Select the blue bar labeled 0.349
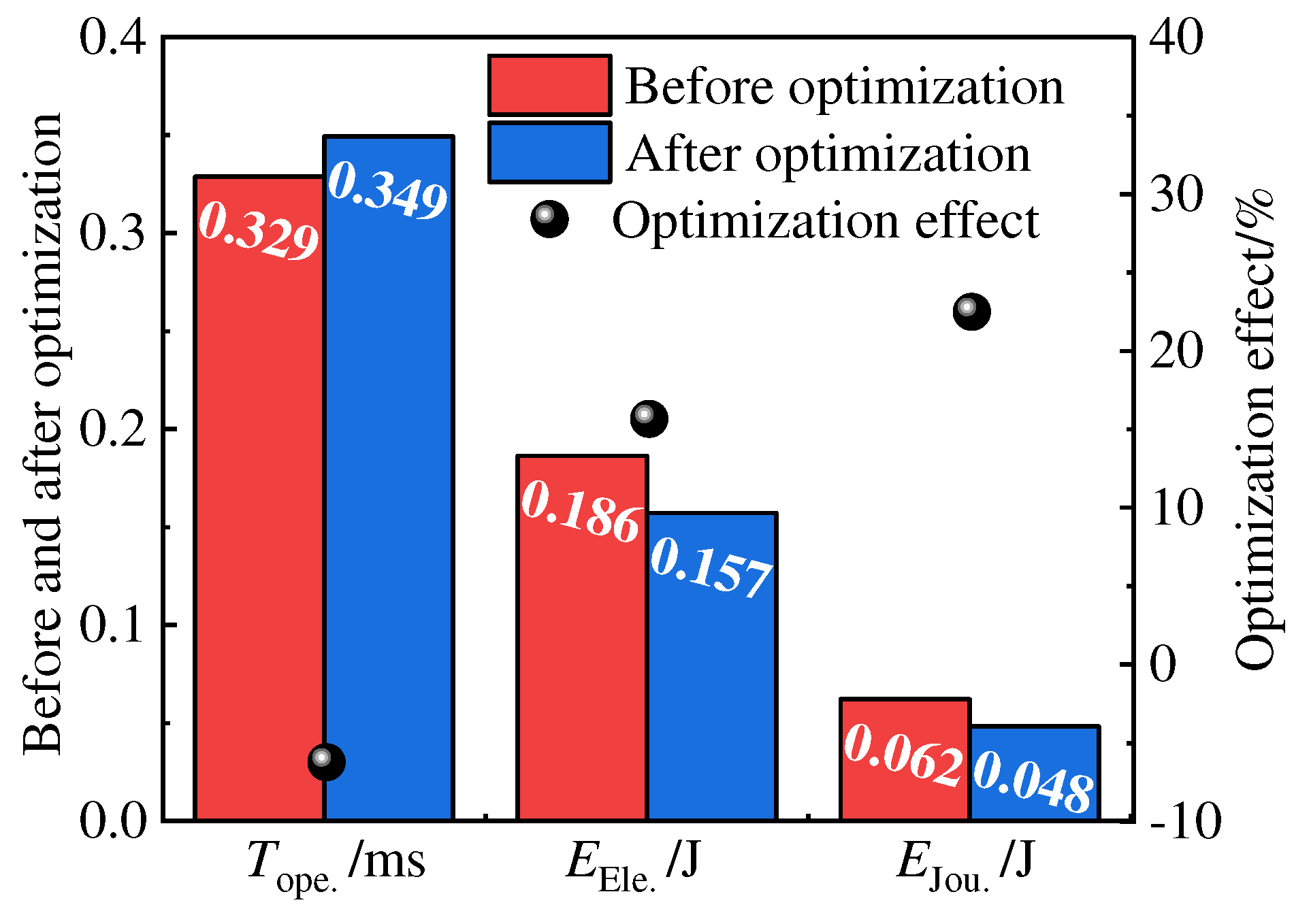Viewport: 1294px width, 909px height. [389, 476]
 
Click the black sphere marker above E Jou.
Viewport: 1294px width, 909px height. [971, 312]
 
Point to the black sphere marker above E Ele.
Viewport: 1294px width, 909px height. [649, 418]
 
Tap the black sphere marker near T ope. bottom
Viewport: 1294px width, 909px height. [326, 761]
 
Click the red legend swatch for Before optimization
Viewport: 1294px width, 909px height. [549, 86]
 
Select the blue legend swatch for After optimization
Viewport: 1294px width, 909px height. [549, 152]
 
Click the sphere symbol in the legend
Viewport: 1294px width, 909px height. [549, 219]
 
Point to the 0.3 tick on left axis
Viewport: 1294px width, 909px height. [113, 233]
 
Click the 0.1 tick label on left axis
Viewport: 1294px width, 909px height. [113, 625]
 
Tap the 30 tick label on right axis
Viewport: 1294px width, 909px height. [1176, 195]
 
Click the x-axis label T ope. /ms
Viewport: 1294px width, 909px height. [336, 863]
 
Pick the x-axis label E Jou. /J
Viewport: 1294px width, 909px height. [965, 863]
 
